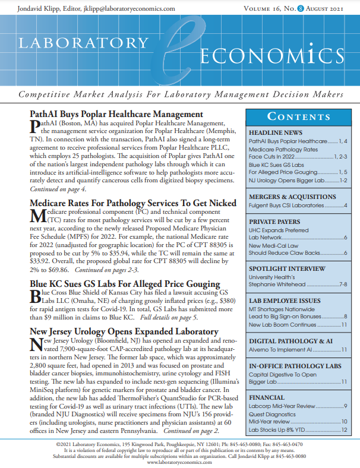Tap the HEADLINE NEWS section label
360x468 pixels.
click(x=276, y=132)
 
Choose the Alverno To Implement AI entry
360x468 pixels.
click(x=279, y=350)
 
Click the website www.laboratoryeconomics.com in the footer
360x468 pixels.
click(x=179, y=462)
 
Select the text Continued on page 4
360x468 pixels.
click(x=58, y=189)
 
